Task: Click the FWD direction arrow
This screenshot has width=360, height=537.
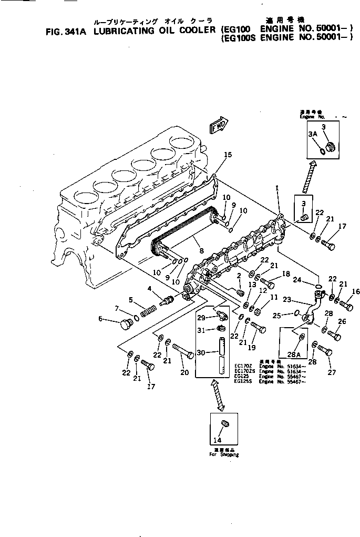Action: pyautogui.click(x=218, y=126)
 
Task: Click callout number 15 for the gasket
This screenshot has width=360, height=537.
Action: pyautogui.click(x=227, y=155)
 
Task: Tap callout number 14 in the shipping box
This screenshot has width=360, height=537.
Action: pyautogui.click(x=217, y=440)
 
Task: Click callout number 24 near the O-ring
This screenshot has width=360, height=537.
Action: pyautogui.click(x=297, y=280)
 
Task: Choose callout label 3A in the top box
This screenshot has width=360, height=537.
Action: pyautogui.click(x=313, y=134)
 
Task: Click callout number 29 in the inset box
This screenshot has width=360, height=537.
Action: pyautogui.click(x=201, y=317)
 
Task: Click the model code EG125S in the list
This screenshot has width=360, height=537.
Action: pyautogui.click(x=242, y=382)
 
